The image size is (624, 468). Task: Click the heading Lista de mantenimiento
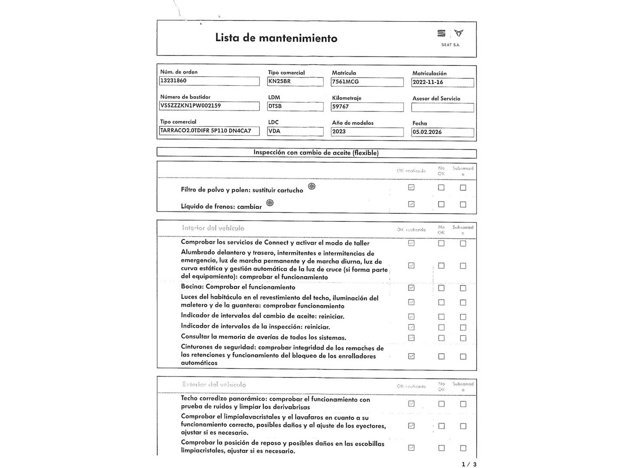(276, 38)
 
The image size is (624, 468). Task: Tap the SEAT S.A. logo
(450, 37)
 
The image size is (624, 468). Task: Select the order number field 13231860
(209, 81)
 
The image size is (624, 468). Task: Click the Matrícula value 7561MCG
(367, 82)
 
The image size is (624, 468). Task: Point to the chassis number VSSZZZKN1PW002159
(209, 106)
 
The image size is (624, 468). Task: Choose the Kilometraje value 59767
(367, 107)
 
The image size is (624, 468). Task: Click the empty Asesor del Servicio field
(442, 107)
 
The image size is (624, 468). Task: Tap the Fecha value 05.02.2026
(442, 132)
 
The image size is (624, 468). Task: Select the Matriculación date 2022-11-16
(442, 82)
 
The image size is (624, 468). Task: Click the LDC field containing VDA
(295, 131)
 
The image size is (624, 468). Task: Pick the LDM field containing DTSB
(295, 106)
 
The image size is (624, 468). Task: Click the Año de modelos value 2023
(367, 132)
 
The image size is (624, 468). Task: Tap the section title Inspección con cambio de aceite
(316, 153)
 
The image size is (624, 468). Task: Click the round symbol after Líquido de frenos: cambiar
(270, 203)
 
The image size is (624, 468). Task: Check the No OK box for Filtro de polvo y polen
(441, 188)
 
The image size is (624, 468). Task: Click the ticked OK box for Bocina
(411, 288)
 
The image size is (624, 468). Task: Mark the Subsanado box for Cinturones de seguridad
(463, 357)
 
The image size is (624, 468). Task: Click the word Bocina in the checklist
(192, 287)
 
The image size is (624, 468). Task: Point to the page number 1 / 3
(469, 464)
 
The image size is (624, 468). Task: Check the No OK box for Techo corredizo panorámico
(441, 404)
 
